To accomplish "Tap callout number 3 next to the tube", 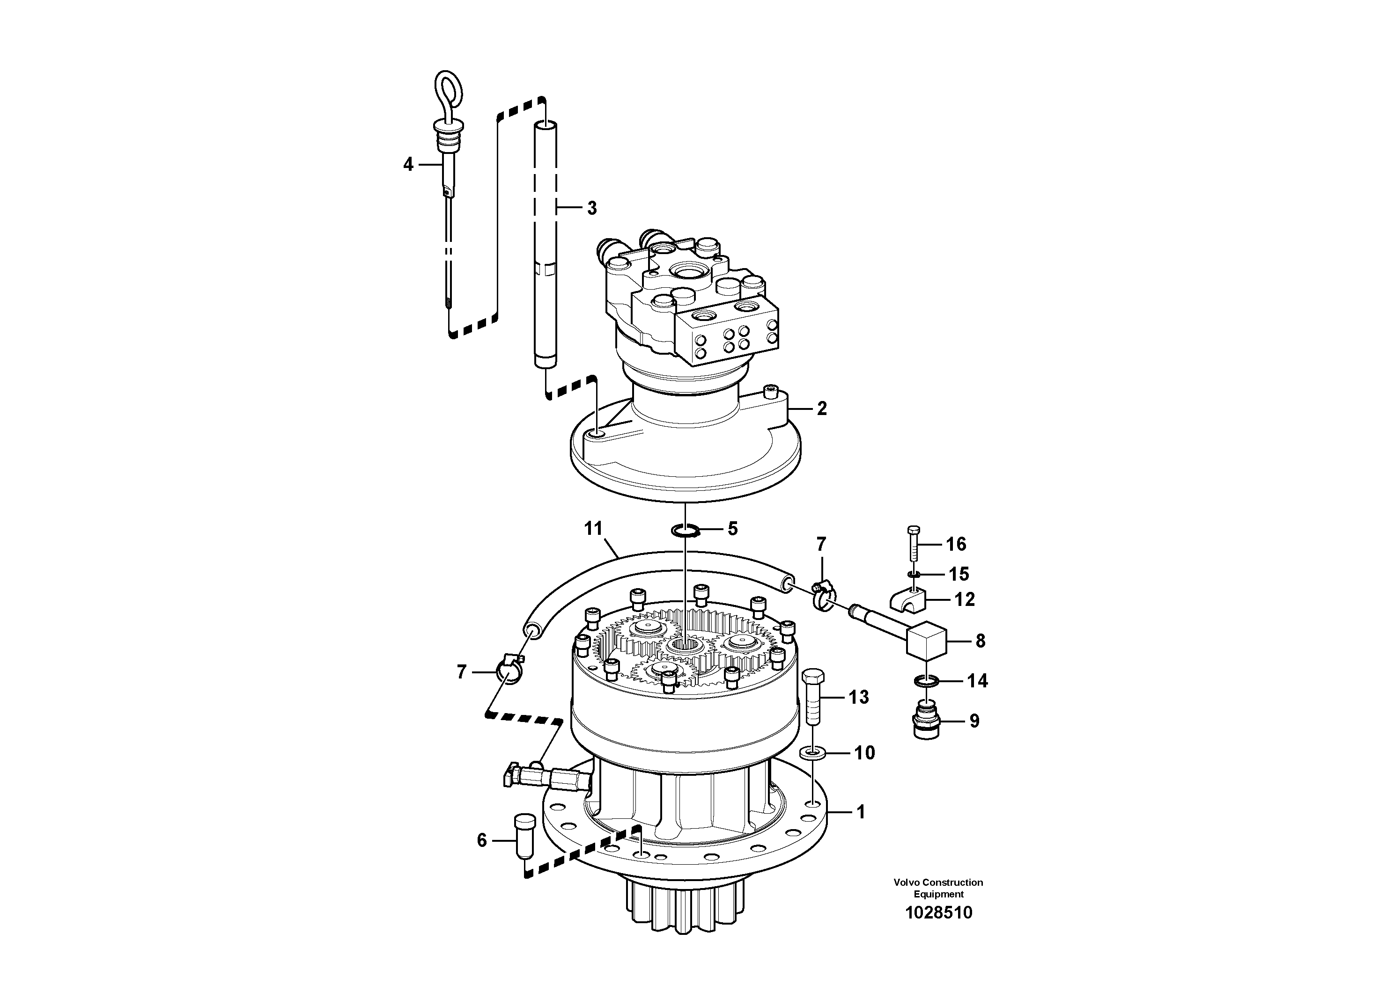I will pyautogui.click(x=592, y=208).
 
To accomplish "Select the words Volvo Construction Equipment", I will pyautogui.click(x=938, y=888).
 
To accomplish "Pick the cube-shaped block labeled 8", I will pyautogui.click(x=926, y=640).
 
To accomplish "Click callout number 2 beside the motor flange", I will pyautogui.click(x=821, y=409).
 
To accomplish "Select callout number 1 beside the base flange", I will pyautogui.click(x=860, y=812).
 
